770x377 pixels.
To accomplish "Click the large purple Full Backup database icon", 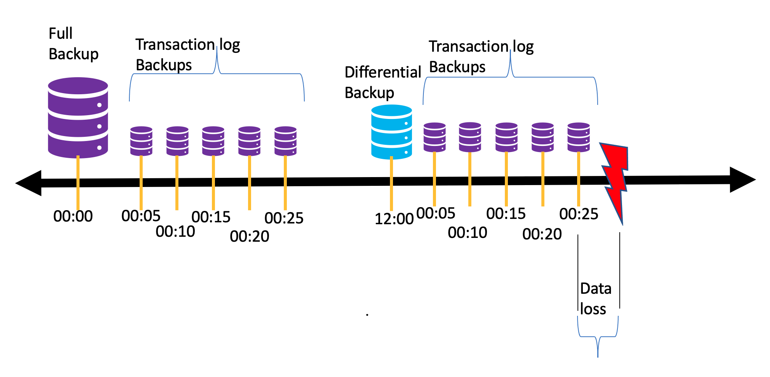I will pyautogui.click(x=78, y=118).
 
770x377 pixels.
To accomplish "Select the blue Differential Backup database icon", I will pyautogui.click(x=391, y=132).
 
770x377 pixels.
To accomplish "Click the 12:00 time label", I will pyautogui.click(x=394, y=219).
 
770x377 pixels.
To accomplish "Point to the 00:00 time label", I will pyautogui.click(x=73, y=216).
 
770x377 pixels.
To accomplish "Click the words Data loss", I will pyautogui.click(x=595, y=299).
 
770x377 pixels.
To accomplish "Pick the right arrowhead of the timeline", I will pyautogui.click(x=742, y=180).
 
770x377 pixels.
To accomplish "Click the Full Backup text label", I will pyautogui.click(x=73, y=44).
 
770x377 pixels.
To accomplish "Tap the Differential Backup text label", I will pyautogui.click(x=382, y=82).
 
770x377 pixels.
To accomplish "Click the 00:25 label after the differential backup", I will pyautogui.click(x=579, y=214).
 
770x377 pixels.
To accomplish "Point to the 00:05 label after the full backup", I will pyautogui.click(x=141, y=216).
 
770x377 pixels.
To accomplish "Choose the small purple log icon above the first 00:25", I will pyautogui.click(x=285, y=141).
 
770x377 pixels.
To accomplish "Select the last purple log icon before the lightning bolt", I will pyautogui.click(x=579, y=137).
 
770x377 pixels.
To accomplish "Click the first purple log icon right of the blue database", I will pyautogui.click(x=434, y=137).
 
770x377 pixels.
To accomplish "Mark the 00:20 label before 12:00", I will pyautogui.click(x=250, y=236).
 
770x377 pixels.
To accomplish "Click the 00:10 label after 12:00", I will pyautogui.click(x=467, y=233).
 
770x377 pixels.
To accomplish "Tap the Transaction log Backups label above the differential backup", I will pyautogui.click(x=481, y=57).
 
